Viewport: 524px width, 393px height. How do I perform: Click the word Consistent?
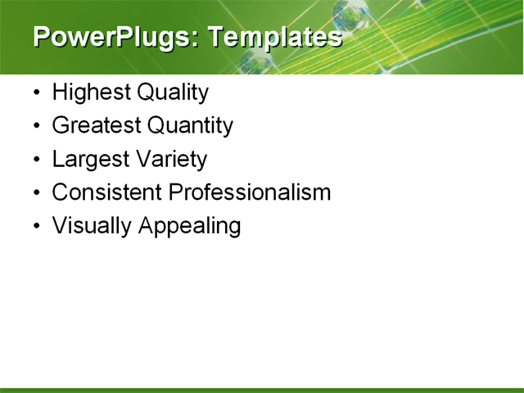(106, 192)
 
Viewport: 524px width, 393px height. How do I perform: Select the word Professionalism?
(249, 192)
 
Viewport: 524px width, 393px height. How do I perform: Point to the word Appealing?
(189, 226)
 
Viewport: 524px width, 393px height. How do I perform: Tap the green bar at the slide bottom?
(262, 390)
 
